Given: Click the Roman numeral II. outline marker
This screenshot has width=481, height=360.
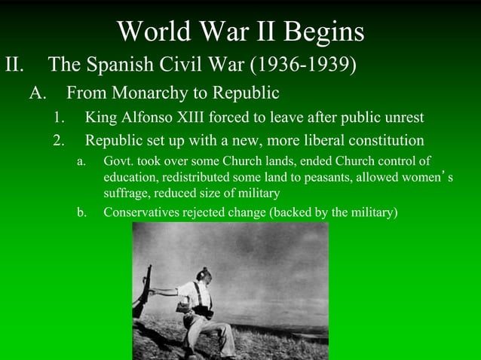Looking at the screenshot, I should [x=17, y=64].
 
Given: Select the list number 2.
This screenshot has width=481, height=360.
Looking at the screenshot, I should [x=58, y=141].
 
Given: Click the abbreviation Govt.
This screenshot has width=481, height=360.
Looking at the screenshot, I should [x=118, y=161].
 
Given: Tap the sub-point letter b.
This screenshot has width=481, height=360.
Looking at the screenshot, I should [x=81, y=212].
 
